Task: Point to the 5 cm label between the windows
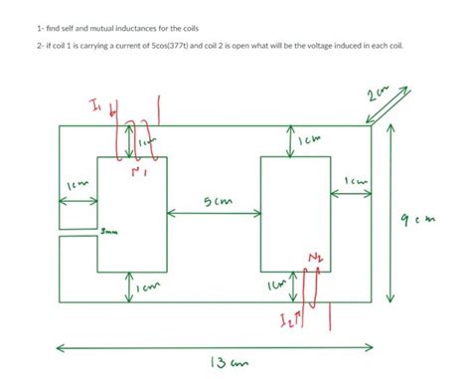216,203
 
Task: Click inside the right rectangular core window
295,214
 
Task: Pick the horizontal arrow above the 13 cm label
214,348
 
